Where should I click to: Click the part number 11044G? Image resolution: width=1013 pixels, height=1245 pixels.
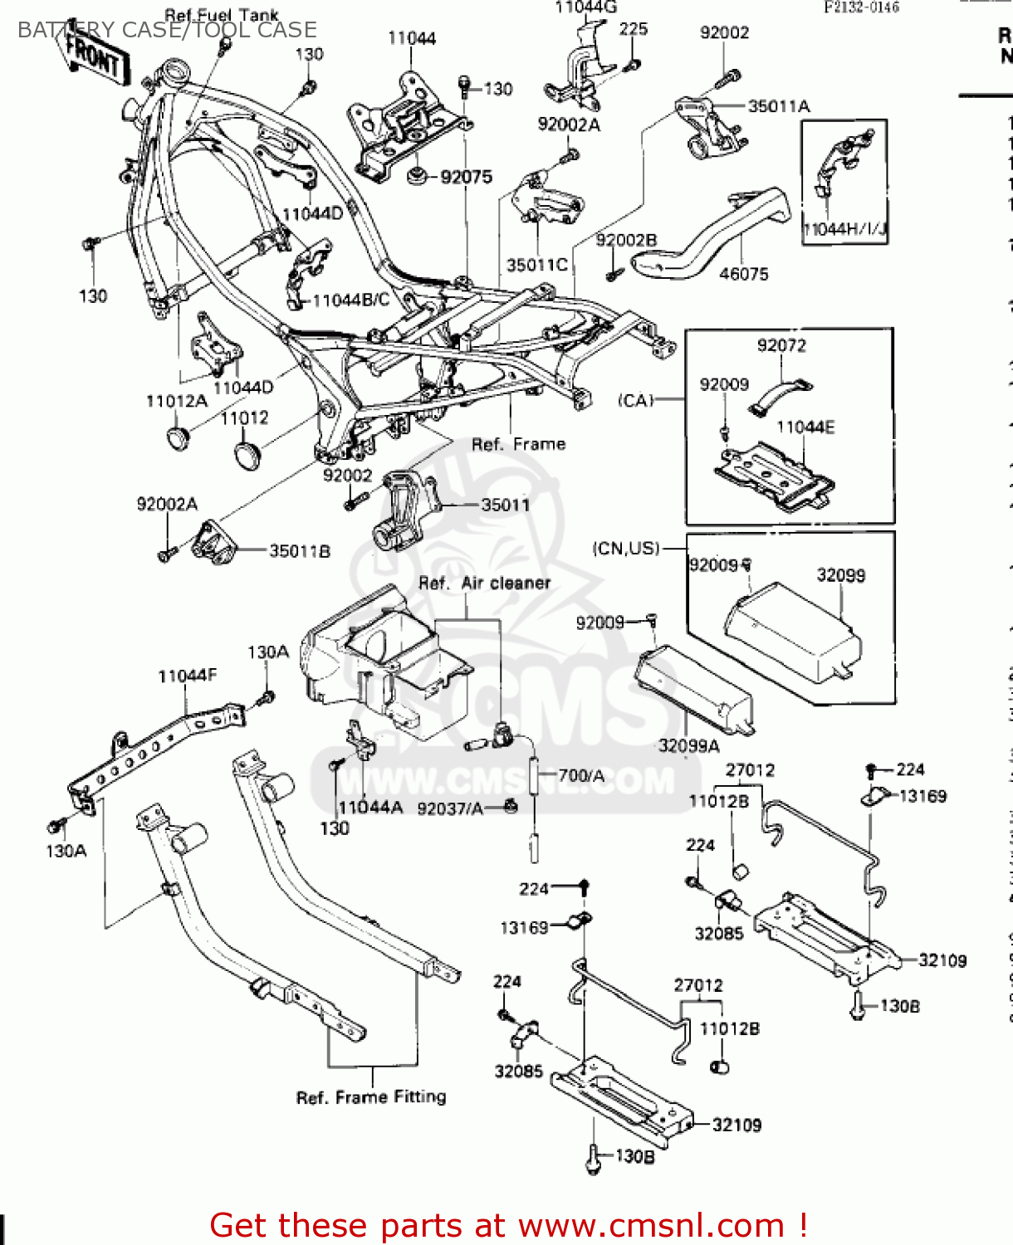585,9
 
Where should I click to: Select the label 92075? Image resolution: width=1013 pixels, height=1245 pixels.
466,177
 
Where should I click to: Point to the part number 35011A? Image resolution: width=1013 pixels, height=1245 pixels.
779,106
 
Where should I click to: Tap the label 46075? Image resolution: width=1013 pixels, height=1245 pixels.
743,274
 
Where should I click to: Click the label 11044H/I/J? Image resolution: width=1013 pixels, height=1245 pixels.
844,229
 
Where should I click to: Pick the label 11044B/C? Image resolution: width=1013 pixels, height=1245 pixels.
350,300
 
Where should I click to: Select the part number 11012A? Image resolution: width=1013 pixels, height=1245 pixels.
176,402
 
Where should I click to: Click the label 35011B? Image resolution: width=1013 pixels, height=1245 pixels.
300,551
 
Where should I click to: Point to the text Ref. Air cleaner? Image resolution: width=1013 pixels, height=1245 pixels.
484,583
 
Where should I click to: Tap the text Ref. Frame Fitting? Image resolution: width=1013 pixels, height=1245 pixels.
371,1097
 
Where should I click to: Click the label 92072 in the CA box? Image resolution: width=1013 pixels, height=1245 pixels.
781,345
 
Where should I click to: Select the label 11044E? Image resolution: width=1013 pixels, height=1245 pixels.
805,427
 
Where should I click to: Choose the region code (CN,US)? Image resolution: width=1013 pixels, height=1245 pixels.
626,549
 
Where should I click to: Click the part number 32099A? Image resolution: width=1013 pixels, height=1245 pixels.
688,745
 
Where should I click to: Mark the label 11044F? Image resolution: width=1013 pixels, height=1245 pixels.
187,676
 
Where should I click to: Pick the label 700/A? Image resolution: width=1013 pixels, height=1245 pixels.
581,775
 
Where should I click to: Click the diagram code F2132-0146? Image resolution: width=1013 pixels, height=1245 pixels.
861,7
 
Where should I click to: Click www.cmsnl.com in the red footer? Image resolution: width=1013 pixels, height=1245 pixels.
651,1225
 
